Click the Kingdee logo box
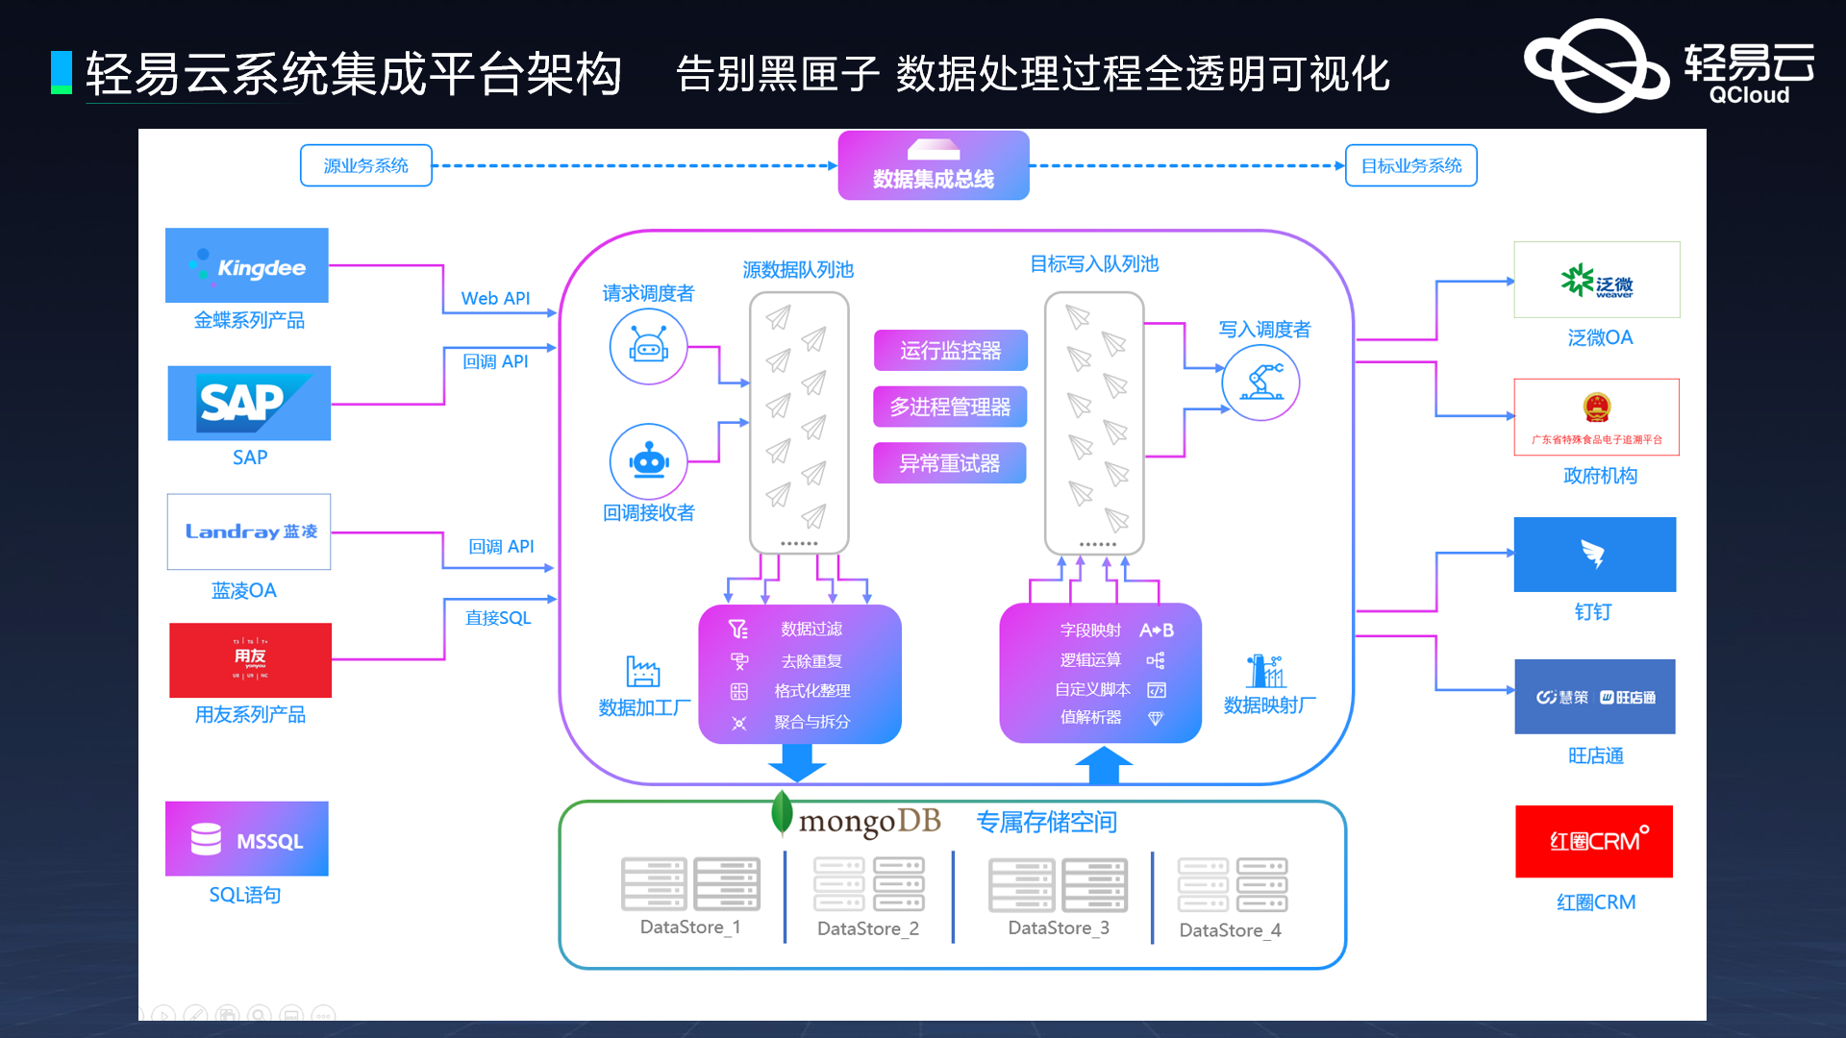[x=246, y=265]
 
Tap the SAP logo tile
[x=249, y=403]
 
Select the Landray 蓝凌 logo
[x=249, y=531]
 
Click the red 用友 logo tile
[x=250, y=660]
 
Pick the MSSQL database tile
[x=247, y=839]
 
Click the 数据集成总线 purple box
[x=933, y=165]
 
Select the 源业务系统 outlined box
[x=365, y=165]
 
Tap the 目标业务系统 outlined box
[x=1410, y=165]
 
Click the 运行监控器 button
[x=950, y=350]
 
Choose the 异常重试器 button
[x=949, y=463]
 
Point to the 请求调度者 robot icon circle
[x=648, y=346]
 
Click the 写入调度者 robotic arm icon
[x=1260, y=383]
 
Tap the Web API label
[x=495, y=298]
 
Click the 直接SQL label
[x=498, y=617]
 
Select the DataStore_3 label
[x=1058, y=927]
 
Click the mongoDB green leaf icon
[x=782, y=813]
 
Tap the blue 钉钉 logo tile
[x=1594, y=555]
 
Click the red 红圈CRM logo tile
[x=1593, y=841]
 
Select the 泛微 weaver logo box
[x=1596, y=280]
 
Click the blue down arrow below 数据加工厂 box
[x=797, y=762]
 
